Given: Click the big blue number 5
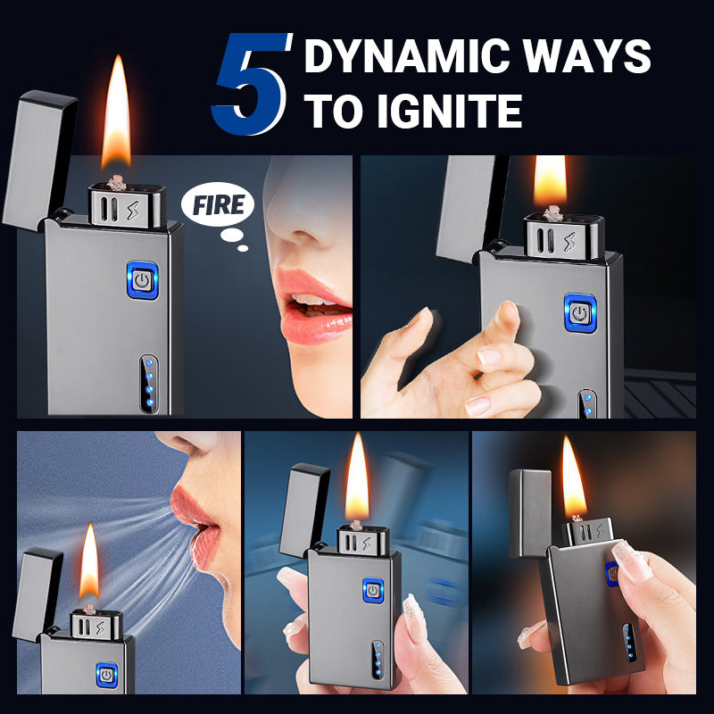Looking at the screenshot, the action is (x=251, y=84).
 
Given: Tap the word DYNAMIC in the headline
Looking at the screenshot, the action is (x=408, y=55).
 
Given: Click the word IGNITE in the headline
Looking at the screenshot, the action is (x=450, y=111).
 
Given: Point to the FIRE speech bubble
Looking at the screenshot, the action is (x=218, y=205).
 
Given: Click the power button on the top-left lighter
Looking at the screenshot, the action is (x=143, y=280).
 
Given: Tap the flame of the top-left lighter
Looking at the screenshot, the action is (x=116, y=112).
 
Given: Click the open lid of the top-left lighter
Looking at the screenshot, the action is (x=40, y=160).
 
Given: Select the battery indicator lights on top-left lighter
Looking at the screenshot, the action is (x=149, y=384).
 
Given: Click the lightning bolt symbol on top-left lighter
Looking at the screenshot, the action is (x=132, y=211).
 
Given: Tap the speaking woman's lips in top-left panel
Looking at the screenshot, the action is (x=314, y=307).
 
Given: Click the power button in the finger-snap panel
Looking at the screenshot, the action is (x=579, y=313).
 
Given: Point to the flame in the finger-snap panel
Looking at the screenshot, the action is (x=550, y=181).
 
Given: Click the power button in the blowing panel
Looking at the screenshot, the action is (x=106, y=675).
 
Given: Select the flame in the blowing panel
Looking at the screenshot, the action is (x=89, y=562).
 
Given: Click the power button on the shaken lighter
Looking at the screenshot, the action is (x=373, y=591).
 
